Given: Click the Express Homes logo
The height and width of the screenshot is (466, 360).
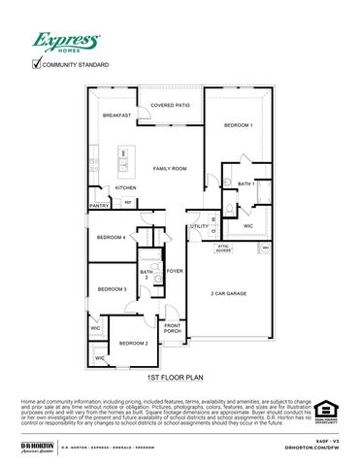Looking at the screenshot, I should [66, 41].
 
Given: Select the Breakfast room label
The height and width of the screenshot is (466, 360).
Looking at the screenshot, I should [116, 116].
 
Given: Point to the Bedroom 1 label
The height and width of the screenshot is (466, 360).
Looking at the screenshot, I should [238, 125].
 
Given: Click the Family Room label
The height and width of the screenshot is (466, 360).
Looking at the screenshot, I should [170, 168].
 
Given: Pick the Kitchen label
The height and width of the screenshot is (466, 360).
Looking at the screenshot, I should [126, 187].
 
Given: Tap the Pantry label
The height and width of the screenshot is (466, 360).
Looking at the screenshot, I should [99, 206].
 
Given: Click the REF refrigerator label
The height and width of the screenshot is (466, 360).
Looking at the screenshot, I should [128, 202].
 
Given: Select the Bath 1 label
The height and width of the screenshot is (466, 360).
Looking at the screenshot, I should [245, 183].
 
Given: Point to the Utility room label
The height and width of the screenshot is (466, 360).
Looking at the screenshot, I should [199, 226].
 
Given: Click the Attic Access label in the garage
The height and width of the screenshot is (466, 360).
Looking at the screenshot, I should [223, 248].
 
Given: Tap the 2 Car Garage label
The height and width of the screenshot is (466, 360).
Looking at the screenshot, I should [229, 292].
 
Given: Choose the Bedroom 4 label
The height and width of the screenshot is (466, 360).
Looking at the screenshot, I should [111, 237].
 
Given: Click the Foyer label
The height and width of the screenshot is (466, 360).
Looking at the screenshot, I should [175, 271].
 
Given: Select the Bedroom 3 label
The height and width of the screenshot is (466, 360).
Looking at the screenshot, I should [113, 289].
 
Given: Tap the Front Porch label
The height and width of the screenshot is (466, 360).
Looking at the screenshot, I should [172, 329].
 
